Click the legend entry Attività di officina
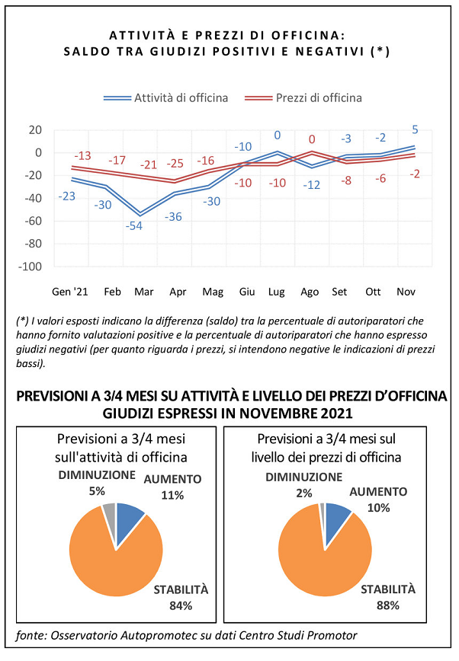166,97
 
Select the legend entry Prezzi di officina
303,97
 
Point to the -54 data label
134,226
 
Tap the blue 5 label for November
415,129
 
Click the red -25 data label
175,163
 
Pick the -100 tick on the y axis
30,267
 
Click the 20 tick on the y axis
36,129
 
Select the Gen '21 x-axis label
69,292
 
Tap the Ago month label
310,292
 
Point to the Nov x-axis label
406,292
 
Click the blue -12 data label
312,184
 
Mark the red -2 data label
415,174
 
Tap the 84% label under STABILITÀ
181,605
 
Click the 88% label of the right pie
387,605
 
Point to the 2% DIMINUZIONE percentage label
304,493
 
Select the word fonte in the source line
31,635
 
